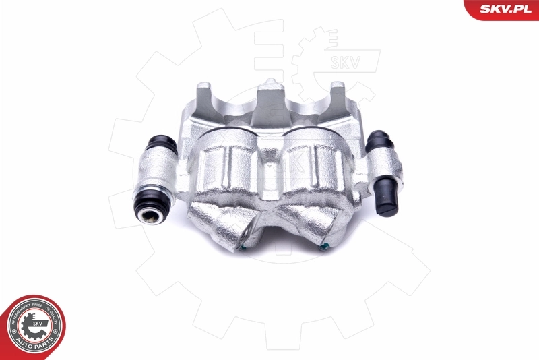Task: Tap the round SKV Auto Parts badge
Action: tap(33, 326)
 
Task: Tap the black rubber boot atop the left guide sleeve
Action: tap(161, 144)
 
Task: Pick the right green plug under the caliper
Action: tap(324, 247)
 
